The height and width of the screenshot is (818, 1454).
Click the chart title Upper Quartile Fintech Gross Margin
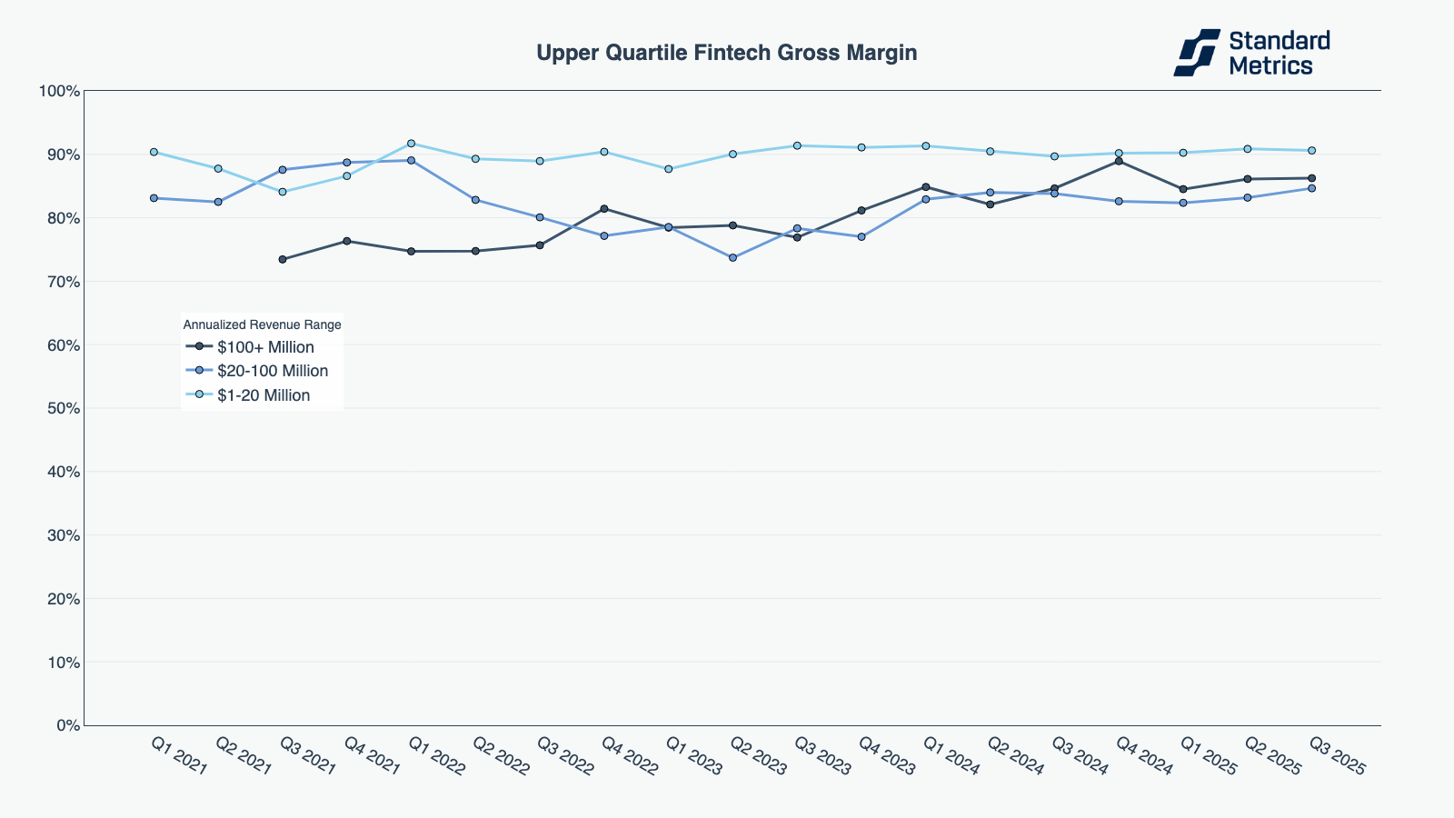726,53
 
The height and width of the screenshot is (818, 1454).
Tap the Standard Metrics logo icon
1196,53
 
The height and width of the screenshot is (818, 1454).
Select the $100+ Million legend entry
265,347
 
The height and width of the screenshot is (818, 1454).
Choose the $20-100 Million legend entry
272,371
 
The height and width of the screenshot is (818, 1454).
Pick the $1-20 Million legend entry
264,395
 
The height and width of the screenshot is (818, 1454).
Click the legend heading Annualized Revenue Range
262,324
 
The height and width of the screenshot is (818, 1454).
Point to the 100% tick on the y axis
59,91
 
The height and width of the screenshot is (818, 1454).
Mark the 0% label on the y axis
67,725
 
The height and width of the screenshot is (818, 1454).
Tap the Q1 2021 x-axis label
179,756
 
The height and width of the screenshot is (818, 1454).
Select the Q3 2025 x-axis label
1337,756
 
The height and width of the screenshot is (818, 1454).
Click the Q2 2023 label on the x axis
758,756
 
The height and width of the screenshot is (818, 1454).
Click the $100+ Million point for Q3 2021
283,259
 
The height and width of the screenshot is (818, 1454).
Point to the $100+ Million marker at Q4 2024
1119,161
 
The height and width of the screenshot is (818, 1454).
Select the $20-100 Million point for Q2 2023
732,258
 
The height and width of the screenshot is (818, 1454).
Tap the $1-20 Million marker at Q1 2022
411,144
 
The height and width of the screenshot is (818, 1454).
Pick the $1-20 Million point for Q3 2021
283,192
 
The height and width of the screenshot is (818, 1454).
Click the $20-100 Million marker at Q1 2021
154,198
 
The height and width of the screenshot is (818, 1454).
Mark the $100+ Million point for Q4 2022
604,209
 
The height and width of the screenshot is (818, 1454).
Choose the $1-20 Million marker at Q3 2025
1311,151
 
